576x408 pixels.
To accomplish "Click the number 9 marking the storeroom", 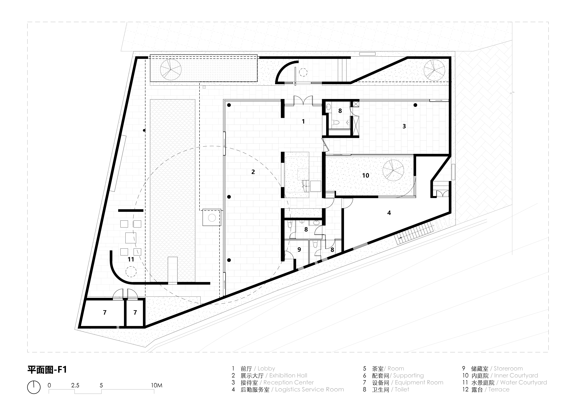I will click(299, 249).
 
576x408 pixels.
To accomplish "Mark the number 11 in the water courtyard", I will click(131, 259).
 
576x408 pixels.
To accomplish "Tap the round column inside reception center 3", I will click(415, 105).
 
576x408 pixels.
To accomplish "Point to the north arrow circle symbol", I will click(34, 387).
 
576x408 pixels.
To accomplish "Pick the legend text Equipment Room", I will click(419, 382).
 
